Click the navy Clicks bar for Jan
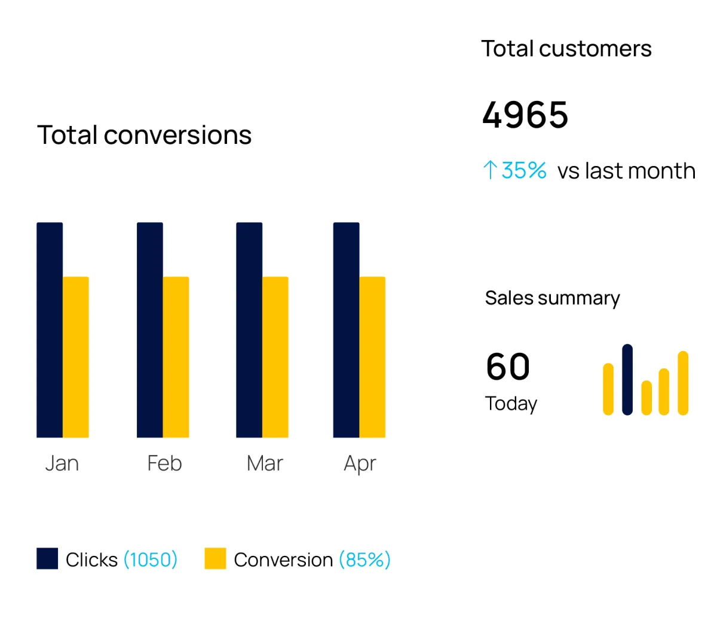tap(50, 330)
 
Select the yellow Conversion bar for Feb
tap(176, 357)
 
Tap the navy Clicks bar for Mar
tap(249, 330)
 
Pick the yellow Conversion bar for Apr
tap(372, 357)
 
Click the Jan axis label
tap(62, 463)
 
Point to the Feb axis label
tap(164, 463)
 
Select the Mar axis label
tap(265, 463)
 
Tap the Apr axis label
tap(360, 464)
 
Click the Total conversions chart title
tap(144, 135)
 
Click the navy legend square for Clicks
tap(47, 558)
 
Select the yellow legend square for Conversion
tap(215, 558)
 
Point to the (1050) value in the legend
tap(151, 559)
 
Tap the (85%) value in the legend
tap(364, 559)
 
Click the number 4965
tap(525, 115)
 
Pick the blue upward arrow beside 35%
tap(490, 170)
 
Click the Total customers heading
tap(566, 49)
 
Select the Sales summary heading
tap(552, 297)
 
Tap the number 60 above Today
tap(508, 366)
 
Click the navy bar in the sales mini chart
tap(627, 379)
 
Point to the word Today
tap(511, 404)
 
